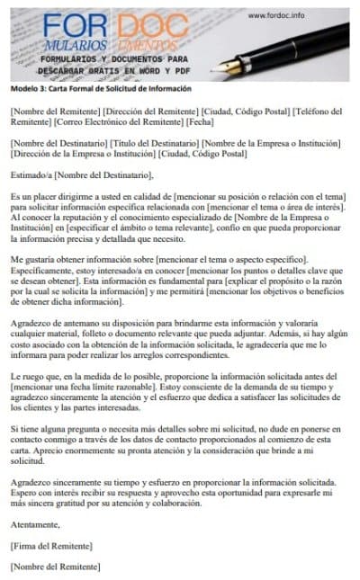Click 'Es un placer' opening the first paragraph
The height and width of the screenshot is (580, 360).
33,196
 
